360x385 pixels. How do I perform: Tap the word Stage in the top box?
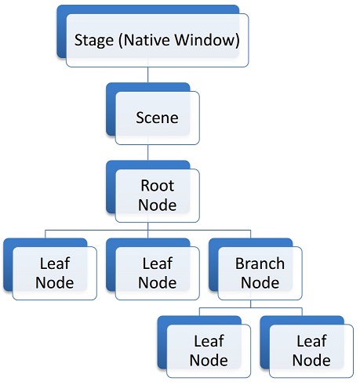point(92,39)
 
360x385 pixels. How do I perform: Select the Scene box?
point(157,118)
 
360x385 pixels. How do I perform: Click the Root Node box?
point(157,195)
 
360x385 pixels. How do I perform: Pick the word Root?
point(157,187)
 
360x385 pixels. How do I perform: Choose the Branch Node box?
point(260,272)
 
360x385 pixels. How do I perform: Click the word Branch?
point(260,263)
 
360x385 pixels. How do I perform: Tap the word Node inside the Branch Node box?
point(260,281)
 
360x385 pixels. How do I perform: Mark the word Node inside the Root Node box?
point(157,205)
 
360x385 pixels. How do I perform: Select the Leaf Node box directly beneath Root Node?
point(157,272)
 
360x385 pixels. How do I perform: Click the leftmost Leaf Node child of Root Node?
point(54,272)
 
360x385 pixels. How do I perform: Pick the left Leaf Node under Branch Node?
point(208,350)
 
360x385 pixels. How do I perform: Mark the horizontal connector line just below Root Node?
point(94,231)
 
